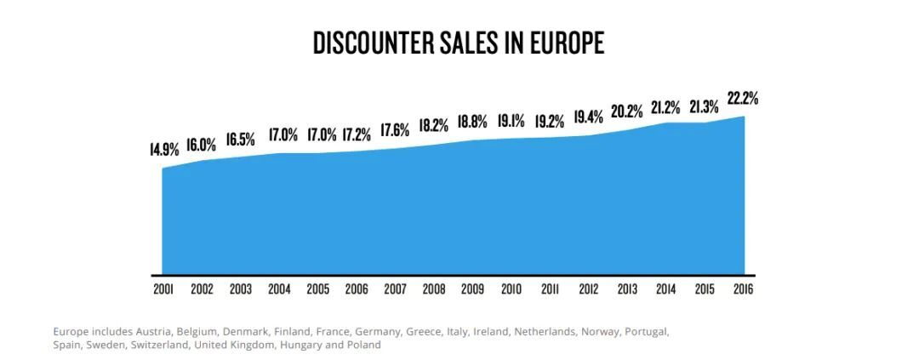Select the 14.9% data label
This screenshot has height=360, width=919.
[x=164, y=150]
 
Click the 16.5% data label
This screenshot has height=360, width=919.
[x=240, y=140]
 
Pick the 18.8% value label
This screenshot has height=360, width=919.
[x=472, y=122]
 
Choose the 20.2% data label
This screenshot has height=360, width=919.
[x=626, y=111]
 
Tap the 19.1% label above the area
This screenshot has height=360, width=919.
[x=511, y=120]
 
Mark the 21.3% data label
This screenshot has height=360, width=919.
[x=703, y=106]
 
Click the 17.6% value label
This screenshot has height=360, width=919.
[x=395, y=129]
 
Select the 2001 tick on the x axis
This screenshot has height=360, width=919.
[x=163, y=289]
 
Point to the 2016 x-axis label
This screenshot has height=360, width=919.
[x=742, y=289]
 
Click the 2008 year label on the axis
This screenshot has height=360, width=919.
[x=433, y=289]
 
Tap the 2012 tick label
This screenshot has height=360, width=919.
[x=588, y=289]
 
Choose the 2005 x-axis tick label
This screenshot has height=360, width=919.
[x=317, y=289]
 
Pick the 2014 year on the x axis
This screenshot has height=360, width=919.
[x=665, y=289]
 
